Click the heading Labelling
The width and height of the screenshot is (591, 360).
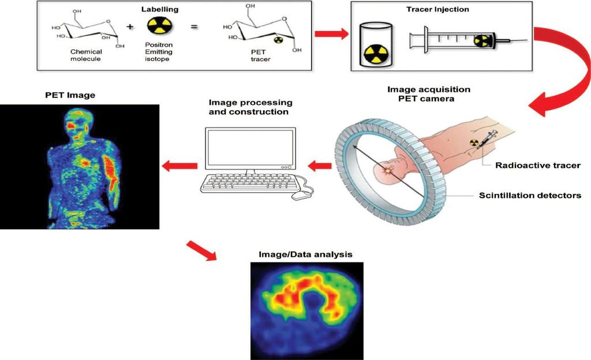[160, 9]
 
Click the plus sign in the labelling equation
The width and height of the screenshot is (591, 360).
[130, 27]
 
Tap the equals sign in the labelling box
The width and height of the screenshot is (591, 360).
[194, 27]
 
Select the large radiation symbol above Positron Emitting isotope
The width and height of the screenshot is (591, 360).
[160, 27]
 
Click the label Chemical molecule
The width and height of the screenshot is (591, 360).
[86, 55]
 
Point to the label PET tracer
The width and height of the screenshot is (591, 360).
[260, 55]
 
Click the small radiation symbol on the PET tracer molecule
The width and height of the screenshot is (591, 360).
[278, 39]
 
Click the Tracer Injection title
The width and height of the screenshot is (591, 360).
[437, 9]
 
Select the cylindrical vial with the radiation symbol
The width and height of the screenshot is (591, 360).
[375, 45]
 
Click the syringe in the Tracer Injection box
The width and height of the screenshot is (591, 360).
[468, 39]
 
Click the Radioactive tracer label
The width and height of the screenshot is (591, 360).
[538, 166]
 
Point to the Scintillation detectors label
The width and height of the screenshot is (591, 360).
[530, 196]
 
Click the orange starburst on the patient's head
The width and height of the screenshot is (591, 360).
[387, 171]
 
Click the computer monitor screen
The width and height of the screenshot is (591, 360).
[250, 148]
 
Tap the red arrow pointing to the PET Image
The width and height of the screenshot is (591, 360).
[180, 166]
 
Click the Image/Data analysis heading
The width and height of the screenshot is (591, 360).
[305, 254]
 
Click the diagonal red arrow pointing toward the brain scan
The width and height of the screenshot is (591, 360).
[201, 250]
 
